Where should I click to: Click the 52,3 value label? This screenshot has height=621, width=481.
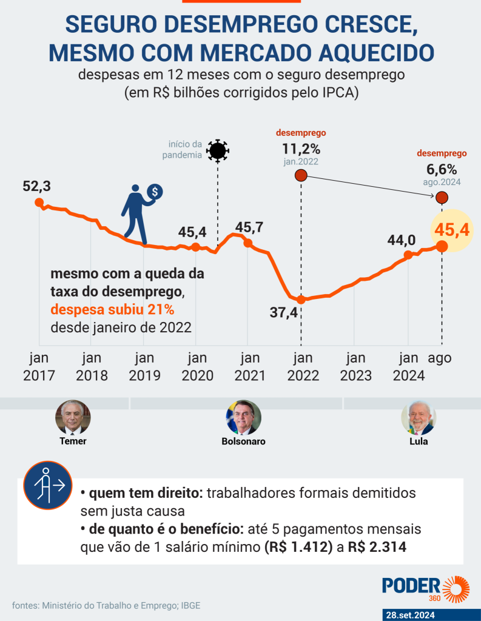click(x=36, y=187)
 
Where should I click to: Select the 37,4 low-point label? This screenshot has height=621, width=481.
click(x=284, y=312)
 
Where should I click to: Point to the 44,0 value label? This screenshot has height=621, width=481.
click(x=402, y=240)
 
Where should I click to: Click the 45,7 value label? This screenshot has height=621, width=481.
click(x=249, y=227)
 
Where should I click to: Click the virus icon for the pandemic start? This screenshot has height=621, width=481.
click(x=217, y=150)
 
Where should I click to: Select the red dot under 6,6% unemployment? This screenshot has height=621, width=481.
click(x=442, y=197)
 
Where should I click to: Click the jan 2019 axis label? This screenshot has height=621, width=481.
click(x=144, y=366)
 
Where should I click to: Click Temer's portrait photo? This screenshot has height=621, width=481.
click(x=73, y=417)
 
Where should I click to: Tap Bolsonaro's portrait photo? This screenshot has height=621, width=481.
click(x=243, y=417)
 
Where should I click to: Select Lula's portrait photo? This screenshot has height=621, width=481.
click(x=419, y=417)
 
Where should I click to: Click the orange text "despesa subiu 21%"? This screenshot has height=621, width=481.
click(x=112, y=310)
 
